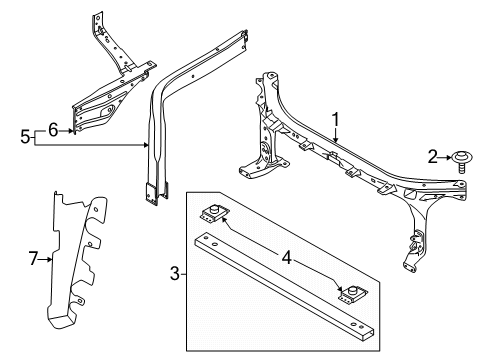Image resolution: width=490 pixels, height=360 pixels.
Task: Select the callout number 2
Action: [x=432, y=156]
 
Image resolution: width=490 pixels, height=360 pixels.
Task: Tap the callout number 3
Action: [x=175, y=274]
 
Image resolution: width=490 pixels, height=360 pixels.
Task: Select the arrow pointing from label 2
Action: [x=446, y=157]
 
